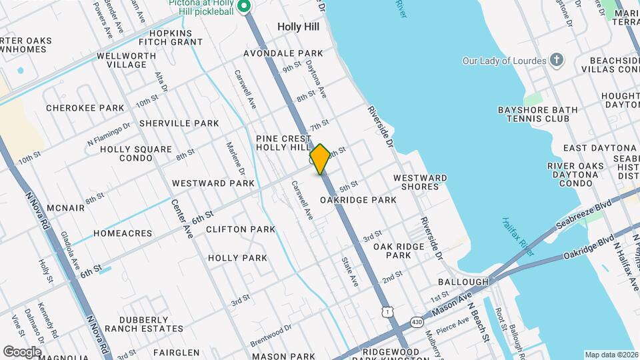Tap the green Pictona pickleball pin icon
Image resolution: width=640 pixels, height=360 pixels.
[244, 7]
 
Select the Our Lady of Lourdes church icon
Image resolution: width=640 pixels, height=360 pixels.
[557, 61]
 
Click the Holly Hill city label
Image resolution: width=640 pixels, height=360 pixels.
[299, 27]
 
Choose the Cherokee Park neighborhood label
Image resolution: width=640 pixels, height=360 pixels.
[85, 108]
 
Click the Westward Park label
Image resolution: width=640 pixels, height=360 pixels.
[213, 183]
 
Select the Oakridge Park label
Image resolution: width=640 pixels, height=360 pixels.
[358, 200]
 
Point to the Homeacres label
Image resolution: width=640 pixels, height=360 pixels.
[123, 233]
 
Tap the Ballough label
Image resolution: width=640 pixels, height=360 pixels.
[464, 283]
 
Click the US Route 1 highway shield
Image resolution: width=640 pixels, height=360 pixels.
[387, 312]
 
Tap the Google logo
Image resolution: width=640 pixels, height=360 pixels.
[22, 351]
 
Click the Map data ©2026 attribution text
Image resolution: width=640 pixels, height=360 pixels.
[611, 355]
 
